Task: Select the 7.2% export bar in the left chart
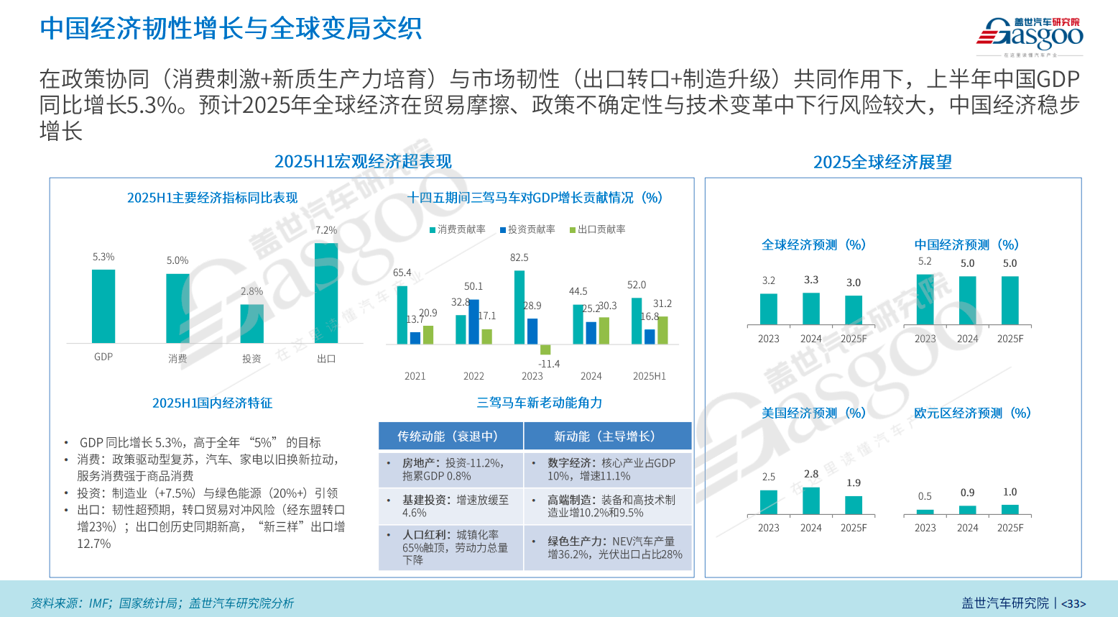point(326,293)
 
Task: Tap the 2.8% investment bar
point(251,324)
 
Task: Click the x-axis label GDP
point(103,357)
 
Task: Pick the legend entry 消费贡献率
point(458,229)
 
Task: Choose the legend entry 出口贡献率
point(598,229)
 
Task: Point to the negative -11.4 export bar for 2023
point(545,349)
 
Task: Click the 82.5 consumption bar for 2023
point(519,307)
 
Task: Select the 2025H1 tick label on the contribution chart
point(649,376)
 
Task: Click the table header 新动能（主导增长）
point(607,437)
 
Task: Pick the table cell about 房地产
point(451,470)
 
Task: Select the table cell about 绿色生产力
point(608,548)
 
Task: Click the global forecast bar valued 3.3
point(811,308)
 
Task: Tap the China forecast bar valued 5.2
point(925,299)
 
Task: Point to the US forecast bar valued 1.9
point(854,505)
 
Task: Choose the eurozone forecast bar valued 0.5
point(925,512)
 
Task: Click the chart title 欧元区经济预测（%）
point(972,413)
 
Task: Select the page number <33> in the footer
point(1073,604)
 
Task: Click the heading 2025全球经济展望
point(882,162)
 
